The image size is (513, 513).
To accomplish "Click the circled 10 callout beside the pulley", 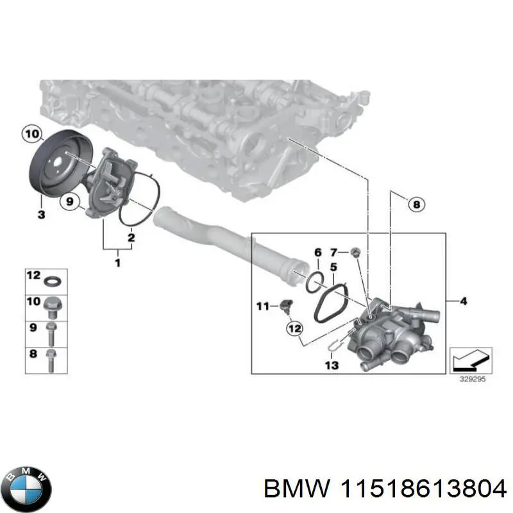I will coord(30,134).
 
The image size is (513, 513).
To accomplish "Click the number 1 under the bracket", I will coord(117,262).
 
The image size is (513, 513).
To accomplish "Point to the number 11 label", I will coord(262,307).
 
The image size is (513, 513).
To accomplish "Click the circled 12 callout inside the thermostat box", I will coord(294,328).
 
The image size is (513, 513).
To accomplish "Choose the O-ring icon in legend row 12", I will coord(52,280).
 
